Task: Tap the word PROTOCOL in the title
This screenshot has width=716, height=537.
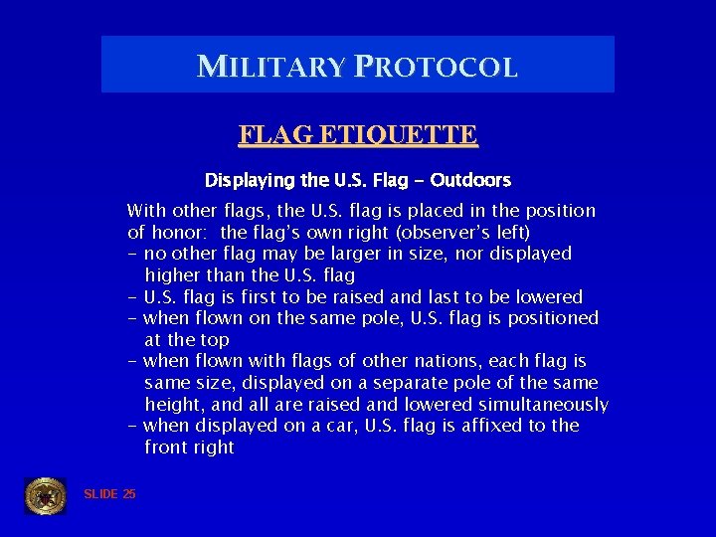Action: pos(434,67)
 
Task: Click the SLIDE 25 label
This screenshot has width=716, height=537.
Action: pos(109,494)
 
